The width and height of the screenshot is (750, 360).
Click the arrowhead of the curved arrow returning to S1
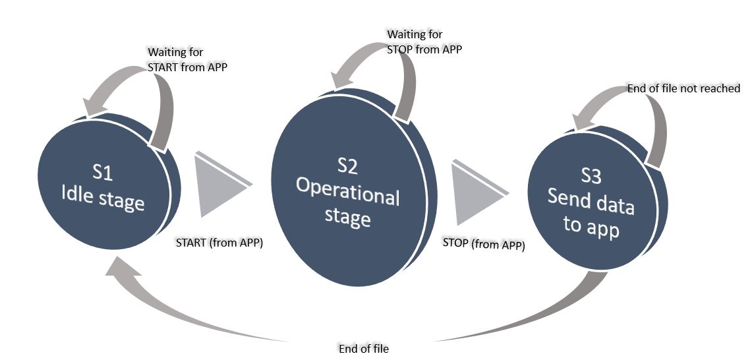(x=122, y=269)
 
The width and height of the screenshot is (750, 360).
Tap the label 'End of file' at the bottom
(x=364, y=349)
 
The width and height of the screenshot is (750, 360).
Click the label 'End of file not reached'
(x=684, y=88)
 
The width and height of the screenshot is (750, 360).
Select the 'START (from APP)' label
(x=219, y=243)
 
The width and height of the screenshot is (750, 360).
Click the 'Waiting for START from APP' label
(x=187, y=60)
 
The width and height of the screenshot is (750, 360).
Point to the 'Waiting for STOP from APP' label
(x=424, y=42)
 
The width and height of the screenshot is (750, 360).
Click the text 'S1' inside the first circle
(x=103, y=173)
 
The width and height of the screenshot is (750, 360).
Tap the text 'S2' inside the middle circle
(x=348, y=166)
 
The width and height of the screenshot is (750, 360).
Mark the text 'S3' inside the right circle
(x=591, y=177)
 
